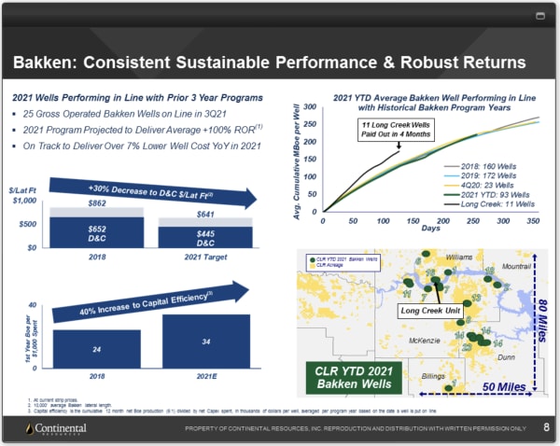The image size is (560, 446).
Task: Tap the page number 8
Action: (545, 427)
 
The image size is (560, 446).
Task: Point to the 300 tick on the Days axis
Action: (503, 222)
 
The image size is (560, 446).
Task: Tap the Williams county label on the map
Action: (459, 256)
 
